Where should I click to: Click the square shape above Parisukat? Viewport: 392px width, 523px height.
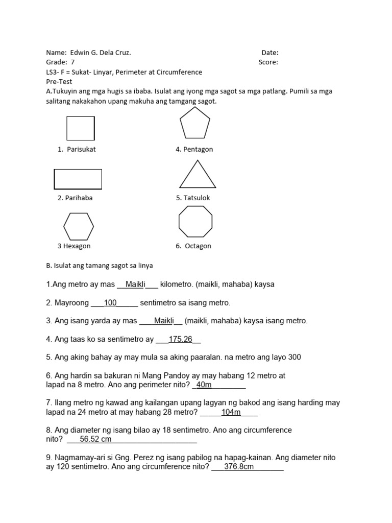80,128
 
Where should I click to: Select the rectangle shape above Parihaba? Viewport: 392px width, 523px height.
78,179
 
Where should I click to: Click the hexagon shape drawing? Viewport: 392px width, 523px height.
78,226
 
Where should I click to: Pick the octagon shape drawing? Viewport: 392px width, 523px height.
195,222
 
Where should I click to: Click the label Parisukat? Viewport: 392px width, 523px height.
81,150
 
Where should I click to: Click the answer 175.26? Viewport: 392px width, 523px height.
180,339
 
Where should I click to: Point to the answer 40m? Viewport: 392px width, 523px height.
204,385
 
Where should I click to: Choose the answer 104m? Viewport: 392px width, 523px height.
231,412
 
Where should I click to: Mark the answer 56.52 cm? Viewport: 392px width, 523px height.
95,439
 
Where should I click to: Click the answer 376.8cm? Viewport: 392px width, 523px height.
239,467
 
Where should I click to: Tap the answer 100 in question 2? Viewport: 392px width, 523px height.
110,303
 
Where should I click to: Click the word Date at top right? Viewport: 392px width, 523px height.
269,53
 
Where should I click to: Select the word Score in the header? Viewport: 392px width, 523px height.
268,62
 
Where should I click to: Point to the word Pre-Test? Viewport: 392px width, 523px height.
59,82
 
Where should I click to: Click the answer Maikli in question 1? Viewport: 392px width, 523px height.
135,284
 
